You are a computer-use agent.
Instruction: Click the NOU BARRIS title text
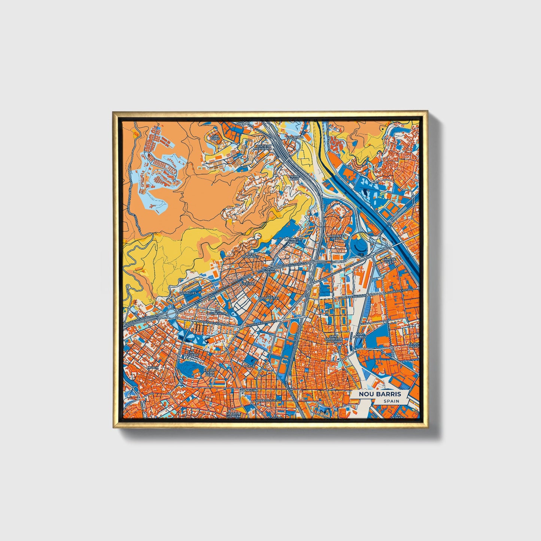coord(380,394)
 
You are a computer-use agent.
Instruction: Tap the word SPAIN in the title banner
coord(391,401)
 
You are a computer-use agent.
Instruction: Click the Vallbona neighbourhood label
coord(295,137)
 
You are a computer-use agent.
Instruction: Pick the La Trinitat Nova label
coord(294,241)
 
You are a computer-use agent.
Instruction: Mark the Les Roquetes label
coord(247,255)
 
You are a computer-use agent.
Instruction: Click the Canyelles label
coord(188,293)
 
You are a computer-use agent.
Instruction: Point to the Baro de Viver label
coord(389,261)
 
